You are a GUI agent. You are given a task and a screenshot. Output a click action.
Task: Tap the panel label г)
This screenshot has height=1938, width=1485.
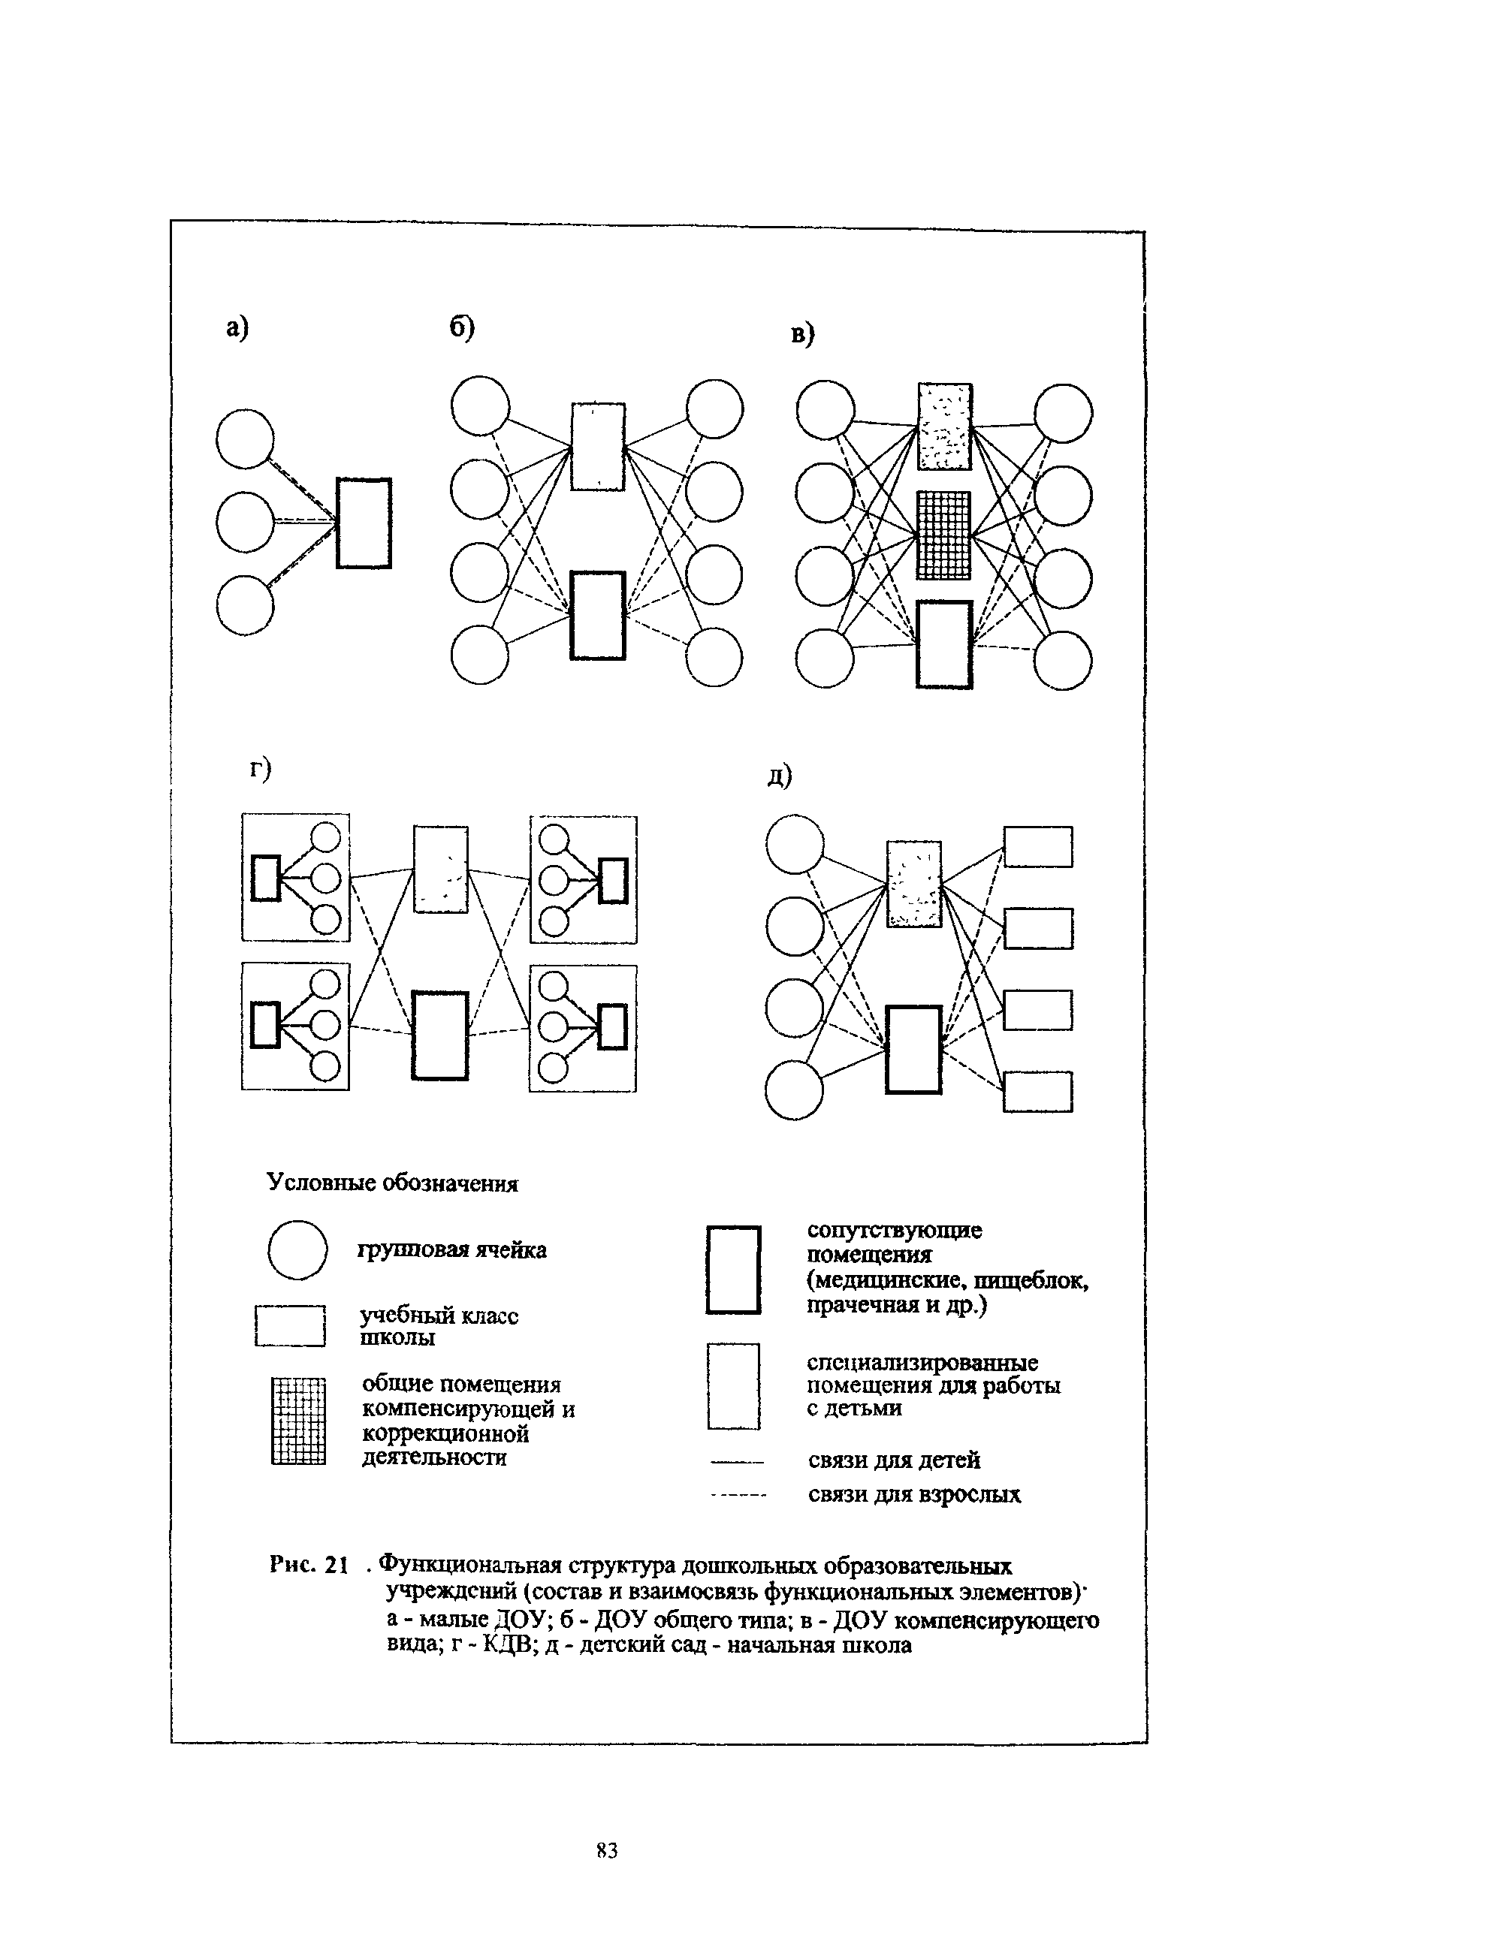point(260,769)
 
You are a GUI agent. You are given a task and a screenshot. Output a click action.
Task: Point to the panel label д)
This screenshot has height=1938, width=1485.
point(780,776)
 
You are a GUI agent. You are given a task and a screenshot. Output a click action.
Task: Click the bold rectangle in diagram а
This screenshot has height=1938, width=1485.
point(364,523)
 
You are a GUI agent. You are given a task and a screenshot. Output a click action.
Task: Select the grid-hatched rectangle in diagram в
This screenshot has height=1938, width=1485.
point(943,535)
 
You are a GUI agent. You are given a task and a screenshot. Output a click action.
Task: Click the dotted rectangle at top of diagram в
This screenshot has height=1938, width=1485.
point(944,426)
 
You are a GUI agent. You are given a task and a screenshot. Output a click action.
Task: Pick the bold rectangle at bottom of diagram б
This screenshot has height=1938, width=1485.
point(598,615)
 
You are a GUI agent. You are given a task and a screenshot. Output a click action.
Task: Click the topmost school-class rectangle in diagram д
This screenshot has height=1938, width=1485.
point(1038,846)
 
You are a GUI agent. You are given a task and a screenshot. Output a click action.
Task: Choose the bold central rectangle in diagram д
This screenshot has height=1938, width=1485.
point(913,1049)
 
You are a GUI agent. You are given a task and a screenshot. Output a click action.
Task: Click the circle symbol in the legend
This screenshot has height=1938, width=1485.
point(298,1249)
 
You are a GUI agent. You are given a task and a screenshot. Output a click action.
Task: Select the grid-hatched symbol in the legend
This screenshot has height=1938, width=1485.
point(299,1421)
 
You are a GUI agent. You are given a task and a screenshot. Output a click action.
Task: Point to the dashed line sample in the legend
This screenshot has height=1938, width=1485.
point(737,1495)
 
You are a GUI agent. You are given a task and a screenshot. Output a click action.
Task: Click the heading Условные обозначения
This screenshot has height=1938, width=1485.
point(392,1183)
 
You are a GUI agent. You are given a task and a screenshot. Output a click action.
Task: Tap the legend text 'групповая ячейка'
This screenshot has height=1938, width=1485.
point(451,1250)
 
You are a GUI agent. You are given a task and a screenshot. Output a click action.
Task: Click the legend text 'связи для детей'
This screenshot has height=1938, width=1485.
point(894,1460)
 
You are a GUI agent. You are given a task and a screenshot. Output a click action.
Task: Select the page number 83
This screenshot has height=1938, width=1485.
point(606,1849)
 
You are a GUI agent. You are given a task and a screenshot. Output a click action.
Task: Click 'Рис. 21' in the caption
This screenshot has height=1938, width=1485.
point(309,1565)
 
